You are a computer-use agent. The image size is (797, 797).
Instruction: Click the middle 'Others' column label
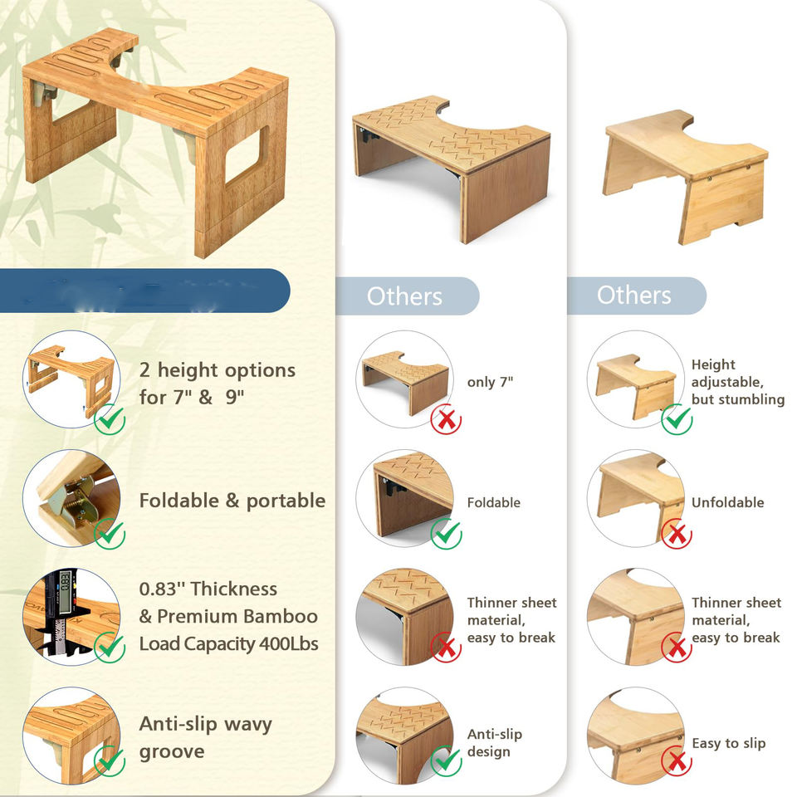[404, 296]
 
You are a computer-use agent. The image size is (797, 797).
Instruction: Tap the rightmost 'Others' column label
[634, 295]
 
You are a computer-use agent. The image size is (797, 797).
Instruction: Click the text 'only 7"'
[491, 382]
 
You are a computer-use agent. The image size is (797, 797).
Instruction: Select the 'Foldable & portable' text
[232, 501]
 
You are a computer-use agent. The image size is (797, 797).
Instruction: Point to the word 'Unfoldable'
[727, 502]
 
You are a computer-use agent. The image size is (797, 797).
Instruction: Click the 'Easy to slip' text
[728, 743]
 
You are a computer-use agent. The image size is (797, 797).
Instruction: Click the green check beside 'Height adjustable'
[677, 419]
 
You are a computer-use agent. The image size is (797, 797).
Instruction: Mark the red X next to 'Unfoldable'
[677, 535]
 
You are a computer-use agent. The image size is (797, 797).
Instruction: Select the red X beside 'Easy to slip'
[677, 760]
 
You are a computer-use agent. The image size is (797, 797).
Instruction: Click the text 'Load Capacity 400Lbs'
[228, 644]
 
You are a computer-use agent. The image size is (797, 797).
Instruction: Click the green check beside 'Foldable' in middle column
[447, 534]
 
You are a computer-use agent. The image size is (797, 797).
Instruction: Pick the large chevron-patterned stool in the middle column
[451, 166]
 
